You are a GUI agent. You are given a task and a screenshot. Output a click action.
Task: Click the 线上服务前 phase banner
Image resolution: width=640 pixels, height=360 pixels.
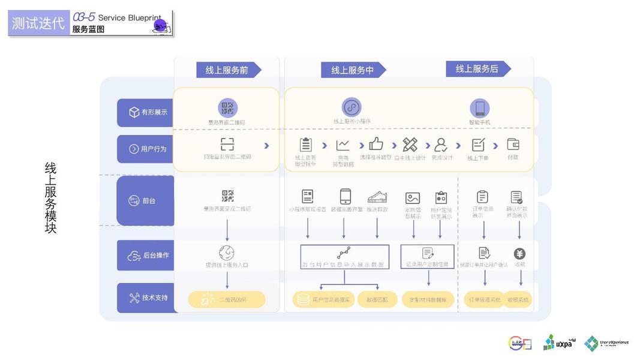(x=227, y=70)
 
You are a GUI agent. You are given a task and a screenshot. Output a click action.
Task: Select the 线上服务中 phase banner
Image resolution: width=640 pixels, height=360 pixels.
(x=353, y=70)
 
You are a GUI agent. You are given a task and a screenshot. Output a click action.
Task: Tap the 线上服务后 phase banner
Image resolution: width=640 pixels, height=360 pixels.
(x=477, y=69)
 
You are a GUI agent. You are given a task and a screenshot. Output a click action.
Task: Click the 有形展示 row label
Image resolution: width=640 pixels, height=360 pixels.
(x=145, y=113)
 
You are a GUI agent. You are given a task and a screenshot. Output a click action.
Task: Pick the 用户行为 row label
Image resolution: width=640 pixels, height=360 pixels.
(x=145, y=149)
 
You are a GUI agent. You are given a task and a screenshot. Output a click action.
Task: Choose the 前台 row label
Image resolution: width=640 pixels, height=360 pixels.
(x=145, y=201)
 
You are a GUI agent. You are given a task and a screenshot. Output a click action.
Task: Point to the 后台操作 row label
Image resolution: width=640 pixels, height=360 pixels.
(x=145, y=256)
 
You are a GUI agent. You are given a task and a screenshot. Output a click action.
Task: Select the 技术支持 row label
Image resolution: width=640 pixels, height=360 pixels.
(x=145, y=298)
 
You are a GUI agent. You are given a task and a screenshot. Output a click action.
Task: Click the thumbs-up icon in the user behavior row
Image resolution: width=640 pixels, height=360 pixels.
(x=376, y=144)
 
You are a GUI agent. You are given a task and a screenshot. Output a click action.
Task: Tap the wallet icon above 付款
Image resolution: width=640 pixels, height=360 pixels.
(x=513, y=144)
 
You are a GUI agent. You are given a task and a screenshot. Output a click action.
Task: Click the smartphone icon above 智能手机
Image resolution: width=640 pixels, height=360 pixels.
(x=480, y=109)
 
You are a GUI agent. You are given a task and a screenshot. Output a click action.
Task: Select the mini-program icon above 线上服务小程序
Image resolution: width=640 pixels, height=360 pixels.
(x=351, y=108)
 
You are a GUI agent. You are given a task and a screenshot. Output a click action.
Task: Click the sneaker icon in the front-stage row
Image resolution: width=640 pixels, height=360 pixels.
(x=377, y=197)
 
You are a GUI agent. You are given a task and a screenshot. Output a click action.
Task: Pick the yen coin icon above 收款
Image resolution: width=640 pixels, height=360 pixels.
(x=519, y=254)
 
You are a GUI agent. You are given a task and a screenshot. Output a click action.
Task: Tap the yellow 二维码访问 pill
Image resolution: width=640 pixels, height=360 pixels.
(x=227, y=299)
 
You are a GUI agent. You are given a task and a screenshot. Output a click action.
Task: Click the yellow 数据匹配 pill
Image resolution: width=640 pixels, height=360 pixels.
(x=377, y=299)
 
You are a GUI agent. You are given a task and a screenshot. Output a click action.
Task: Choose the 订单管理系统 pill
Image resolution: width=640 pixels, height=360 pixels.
(x=483, y=299)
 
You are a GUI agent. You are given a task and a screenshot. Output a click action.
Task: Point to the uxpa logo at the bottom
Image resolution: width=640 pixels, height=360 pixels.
(x=558, y=343)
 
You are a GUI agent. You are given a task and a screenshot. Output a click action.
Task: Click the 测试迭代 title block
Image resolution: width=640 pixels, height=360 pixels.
(x=38, y=23)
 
